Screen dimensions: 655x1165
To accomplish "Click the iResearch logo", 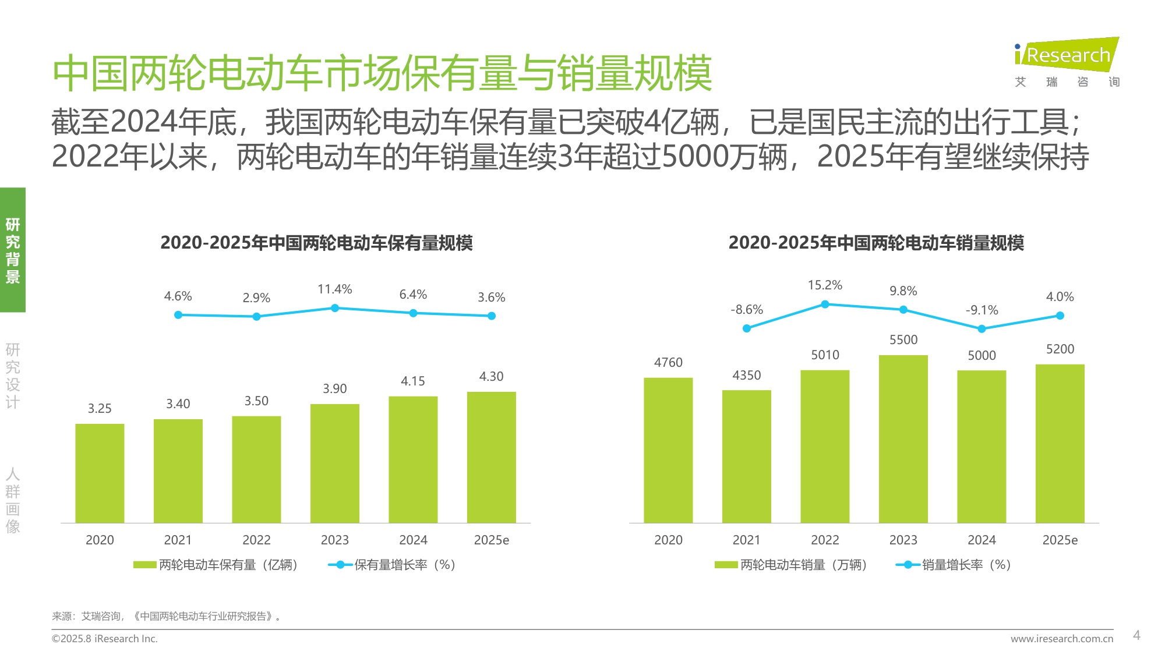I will pyautogui.click(x=1067, y=55).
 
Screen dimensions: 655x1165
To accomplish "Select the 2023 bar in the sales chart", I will pyautogui.click(x=903, y=439).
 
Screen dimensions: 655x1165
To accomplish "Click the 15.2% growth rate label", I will pyautogui.click(x=825, y=285).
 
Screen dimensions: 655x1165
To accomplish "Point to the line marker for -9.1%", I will pyautogui.click(x=982, y=329).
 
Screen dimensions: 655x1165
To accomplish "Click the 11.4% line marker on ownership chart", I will pyautogui.click(x=335, y=308).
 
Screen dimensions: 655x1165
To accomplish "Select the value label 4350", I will pyautogui.click(x=746, y=376).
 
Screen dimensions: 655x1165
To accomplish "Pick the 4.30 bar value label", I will pyautogui.click(x=491, y=377).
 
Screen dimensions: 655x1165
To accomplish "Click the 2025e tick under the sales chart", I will pyautogui.click(x=1060, y=540).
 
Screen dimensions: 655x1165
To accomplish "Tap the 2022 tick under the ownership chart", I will pyautogui.click(x=256, y=540).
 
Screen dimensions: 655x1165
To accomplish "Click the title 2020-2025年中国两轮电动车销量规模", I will pyautogui.click(x=875, y=243).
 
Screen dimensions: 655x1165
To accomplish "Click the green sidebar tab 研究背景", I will pyautogui.click(x=13, y=250).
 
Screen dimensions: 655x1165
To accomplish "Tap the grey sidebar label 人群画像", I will pyautogui.click(x=13, y=501).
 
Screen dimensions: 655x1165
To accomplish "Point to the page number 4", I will pyautogui.click(x=1136, y=635).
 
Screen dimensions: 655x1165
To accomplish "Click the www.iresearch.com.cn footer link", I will pyautogui.click(x=1061, y=639).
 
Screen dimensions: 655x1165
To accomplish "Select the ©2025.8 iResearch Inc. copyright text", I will pyautogui.click(x=105, y=639).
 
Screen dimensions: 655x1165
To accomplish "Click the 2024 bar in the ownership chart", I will pyautogui.click(x=413, y=459).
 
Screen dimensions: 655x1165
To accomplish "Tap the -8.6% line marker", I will pyautogui.click(x=747, y=328).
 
